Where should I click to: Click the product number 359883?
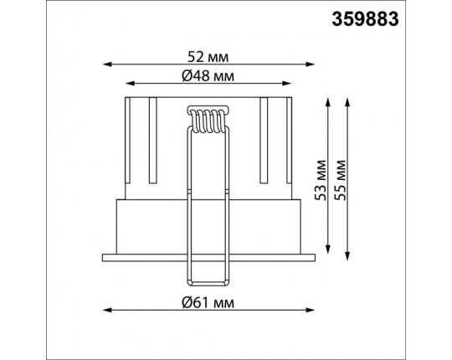pos(365,19)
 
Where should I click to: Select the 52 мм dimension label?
pos(208,57)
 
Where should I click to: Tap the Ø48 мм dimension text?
pos(208,76)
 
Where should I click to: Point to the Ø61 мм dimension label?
pos(208,302)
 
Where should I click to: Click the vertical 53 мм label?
pos(321,180)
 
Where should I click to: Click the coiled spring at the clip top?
pos(208,120)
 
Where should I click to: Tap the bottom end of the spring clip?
pos(208,283)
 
